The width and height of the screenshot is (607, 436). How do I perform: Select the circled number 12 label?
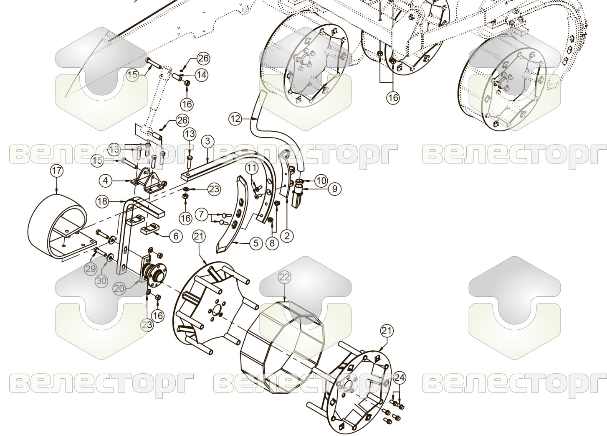click(x=235, y=119)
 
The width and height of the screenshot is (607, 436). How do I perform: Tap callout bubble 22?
click(x=284, y=277)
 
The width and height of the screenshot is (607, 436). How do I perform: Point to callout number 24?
click(x=400, y=377)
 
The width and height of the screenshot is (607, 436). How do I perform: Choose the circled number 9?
click(x=335, y=188)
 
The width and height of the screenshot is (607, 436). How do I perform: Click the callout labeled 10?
click(x=321, y=181)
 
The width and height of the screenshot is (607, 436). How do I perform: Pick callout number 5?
click(x=256, y=243)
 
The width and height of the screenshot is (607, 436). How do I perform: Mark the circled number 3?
click(x=208, y=141)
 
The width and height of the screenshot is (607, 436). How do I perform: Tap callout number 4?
click(x=106, y=181)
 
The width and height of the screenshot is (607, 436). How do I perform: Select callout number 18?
click(x=102, y=201)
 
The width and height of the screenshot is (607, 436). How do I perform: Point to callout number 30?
click(x=101, y=280)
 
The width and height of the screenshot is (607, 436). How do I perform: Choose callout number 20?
click(x=119, y=289)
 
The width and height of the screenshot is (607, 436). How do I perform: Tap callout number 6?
click(x=176, y=236)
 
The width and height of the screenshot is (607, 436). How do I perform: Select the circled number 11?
click(x=252, y=168)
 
